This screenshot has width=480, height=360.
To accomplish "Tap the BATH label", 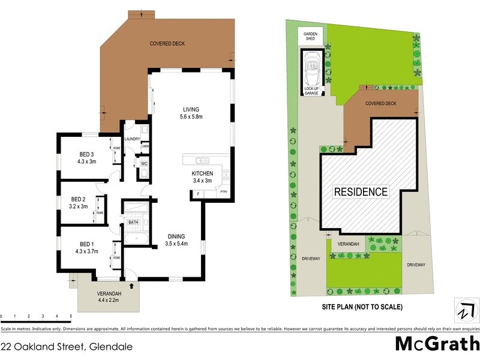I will (x=133, y=223).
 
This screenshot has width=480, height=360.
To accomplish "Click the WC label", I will (x=144, y=163).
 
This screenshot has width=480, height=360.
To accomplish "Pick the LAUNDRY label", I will (x=132, y=139).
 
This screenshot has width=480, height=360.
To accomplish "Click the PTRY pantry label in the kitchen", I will (x=224, y=193).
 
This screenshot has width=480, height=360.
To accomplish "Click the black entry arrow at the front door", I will (x=131, y=276).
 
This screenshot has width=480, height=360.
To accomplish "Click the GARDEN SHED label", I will (x=310, y=35).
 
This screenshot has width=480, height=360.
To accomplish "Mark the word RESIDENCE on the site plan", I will (x=361, y=192).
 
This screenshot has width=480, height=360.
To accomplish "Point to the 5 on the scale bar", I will (x=71, y=316).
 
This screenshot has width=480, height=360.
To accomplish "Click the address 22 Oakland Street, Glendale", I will (x=66, y=347).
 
